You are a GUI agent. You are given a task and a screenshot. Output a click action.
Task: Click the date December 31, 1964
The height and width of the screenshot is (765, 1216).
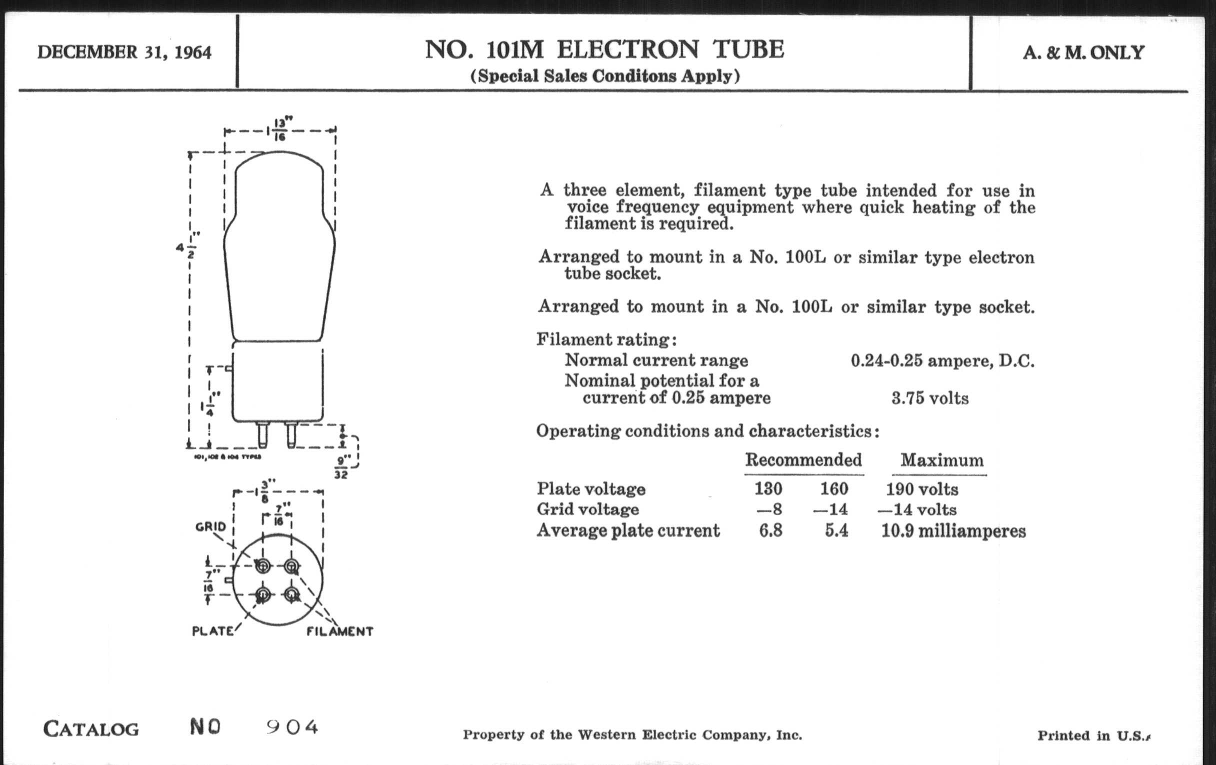pos(124,52)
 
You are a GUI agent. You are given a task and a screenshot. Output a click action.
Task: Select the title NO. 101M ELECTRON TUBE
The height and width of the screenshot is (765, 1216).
pos(604,49)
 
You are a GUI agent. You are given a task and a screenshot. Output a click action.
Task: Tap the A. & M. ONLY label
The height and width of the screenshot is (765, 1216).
pos(1083,52)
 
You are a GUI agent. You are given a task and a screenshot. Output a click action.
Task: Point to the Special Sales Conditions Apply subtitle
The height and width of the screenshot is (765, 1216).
pos(605,76)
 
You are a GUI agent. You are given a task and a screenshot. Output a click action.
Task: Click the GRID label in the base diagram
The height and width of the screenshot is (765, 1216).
pos(210,526)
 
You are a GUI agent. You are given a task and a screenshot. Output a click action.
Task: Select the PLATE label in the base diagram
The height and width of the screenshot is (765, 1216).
pos(212,631)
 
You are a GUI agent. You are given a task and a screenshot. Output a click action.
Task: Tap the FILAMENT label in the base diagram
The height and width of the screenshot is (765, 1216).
pos(340,631)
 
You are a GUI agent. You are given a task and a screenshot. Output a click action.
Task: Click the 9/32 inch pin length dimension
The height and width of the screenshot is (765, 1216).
pos(342,467)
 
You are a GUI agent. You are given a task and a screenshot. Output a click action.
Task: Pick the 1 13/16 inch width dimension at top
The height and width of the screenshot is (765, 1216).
pos(279,130)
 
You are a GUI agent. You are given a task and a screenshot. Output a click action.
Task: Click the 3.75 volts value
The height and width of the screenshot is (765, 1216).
pos(929,398)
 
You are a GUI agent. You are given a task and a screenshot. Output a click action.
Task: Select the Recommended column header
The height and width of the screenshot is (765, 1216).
pos(803,460)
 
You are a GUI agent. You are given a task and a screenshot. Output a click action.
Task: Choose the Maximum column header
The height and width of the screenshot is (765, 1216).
pos(942,460)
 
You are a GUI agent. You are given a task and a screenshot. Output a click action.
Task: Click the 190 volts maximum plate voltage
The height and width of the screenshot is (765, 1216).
pos(922,489)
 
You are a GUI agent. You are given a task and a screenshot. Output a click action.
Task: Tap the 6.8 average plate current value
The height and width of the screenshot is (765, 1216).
pos(770,530)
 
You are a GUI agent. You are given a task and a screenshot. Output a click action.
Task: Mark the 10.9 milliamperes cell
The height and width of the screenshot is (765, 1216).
pos(953,531)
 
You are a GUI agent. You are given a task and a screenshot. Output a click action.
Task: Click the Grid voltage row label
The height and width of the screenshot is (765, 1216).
pos(587,509)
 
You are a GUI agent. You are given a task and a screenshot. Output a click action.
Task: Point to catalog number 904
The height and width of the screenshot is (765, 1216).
pos(292,727)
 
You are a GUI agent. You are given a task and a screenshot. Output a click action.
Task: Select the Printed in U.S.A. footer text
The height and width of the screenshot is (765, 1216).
pos(1093,735)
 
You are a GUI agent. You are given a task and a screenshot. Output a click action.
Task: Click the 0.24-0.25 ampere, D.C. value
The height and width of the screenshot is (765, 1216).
pos(942,360)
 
